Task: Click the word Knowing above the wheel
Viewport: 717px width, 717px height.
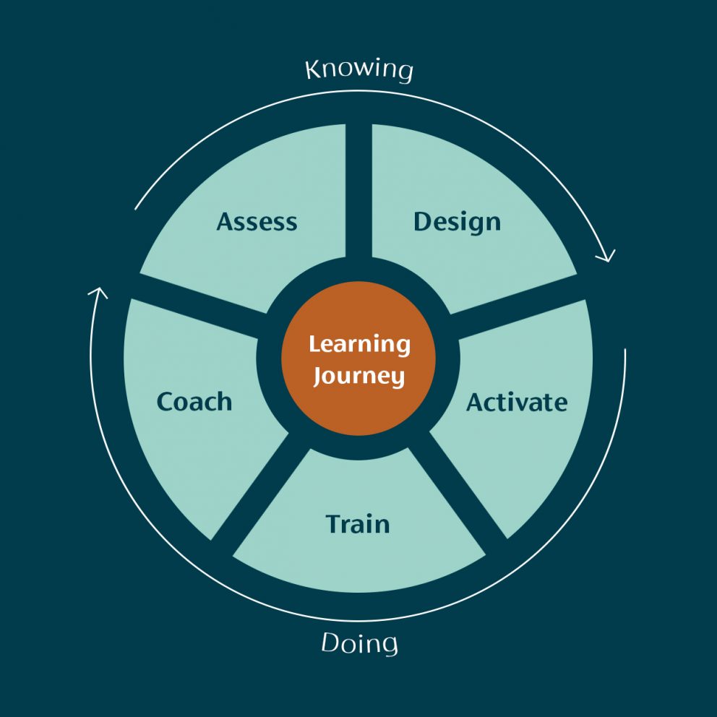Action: point(359,70)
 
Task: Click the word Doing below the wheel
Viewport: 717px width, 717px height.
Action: point(359,643)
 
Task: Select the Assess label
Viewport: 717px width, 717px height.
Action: point(257,222)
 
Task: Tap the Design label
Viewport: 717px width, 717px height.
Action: point(458,223)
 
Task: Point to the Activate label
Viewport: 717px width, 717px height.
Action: point(517,403)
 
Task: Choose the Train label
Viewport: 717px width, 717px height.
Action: point(358,524)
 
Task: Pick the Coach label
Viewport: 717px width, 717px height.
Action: point(194,402)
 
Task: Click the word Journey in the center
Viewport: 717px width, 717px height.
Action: point(359,376)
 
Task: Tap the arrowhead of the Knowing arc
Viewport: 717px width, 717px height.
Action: point(607,256)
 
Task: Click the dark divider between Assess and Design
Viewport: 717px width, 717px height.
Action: point(358,192)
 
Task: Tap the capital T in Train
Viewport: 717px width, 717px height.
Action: point(334,524)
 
